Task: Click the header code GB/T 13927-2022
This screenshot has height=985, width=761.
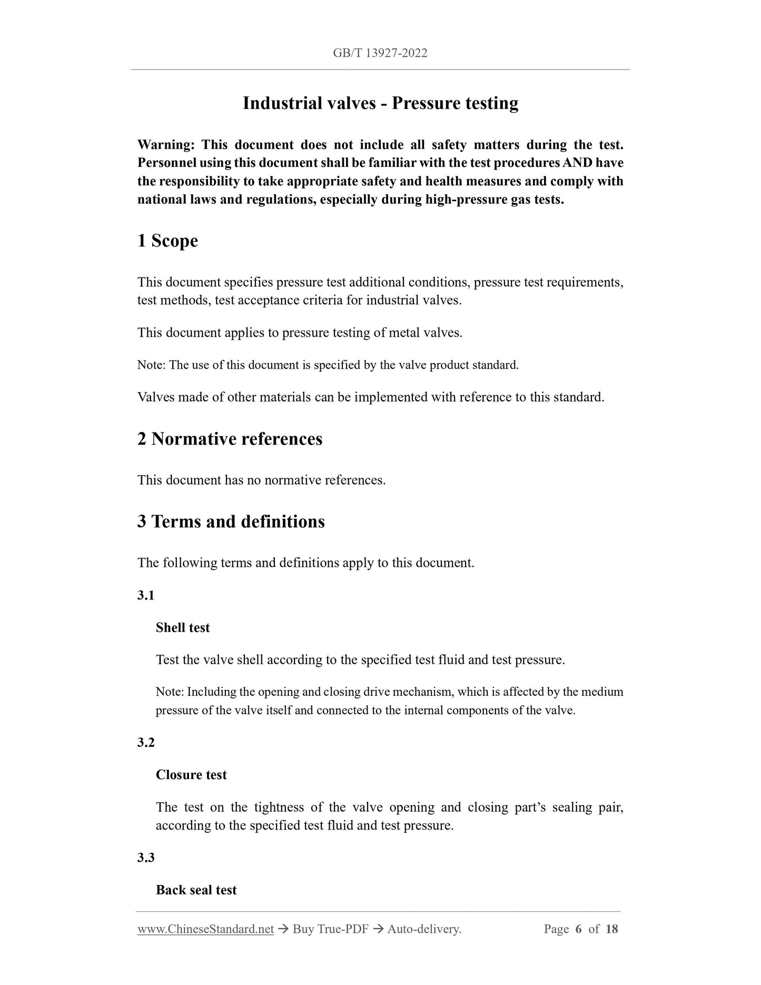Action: pos(380,53)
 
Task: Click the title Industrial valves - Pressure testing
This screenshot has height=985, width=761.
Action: pos(380,103)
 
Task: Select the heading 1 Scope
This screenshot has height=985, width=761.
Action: pos(167,241)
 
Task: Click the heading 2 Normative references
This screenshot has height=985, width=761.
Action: pos(230,439)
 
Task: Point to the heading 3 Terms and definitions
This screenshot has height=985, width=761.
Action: pos(231,521)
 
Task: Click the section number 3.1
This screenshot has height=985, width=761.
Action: pos(146,596)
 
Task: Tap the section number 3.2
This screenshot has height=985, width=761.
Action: pos(146,743)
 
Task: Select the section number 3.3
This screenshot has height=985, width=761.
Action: pos(146,858)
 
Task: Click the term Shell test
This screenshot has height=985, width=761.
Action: pos(183,628)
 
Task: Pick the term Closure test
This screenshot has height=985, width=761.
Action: pos(191,775)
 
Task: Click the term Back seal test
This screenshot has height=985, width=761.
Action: pos(196,890)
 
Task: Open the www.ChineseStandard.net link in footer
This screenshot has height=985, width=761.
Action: pos(205,930)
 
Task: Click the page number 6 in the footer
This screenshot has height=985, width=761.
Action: pos(578,929)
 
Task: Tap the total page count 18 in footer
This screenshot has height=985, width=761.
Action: pos(611,929)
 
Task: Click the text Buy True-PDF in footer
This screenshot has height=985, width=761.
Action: pos(330,930)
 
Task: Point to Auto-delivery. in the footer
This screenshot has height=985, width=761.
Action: pos(424,930)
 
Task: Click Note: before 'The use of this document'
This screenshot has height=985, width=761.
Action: pos(152,365)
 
